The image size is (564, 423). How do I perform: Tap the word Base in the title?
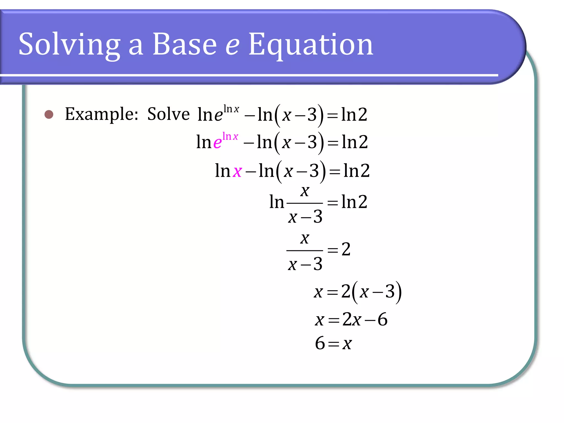185,44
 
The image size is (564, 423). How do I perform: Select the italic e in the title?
232,45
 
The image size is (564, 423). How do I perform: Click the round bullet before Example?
49,114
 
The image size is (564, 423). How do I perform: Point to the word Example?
102,114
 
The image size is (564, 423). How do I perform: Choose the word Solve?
168,114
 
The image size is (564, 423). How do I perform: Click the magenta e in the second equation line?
217,143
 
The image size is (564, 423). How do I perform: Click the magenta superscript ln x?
230,136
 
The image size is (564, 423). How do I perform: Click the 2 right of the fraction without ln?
346,250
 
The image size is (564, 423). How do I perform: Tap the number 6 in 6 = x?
320,343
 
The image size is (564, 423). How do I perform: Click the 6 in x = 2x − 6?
383,320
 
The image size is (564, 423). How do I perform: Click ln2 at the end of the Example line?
354,115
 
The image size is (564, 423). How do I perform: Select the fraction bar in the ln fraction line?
305,203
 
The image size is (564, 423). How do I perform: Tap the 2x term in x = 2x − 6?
352,320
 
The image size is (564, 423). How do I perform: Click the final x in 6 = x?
347,344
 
